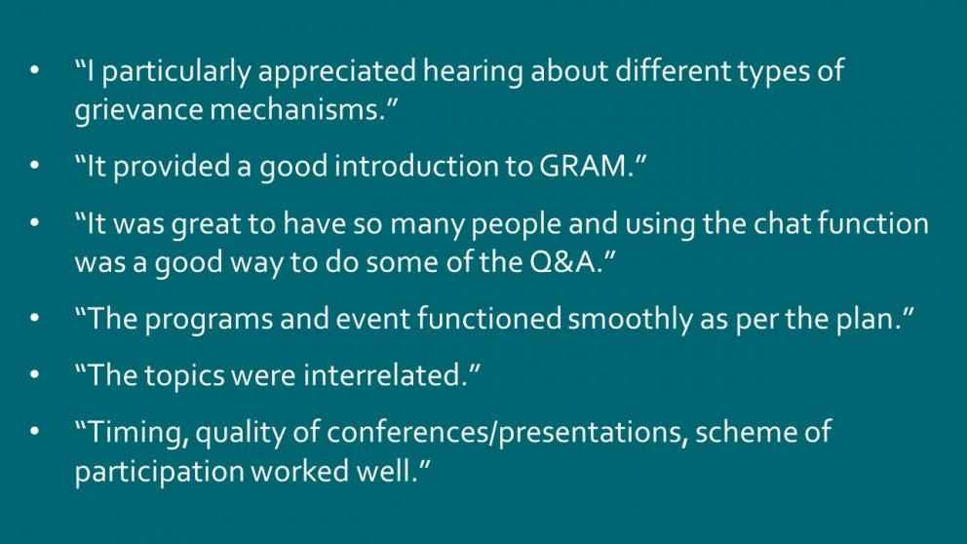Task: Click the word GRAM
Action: coord(583,166)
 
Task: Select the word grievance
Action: coord(138,110)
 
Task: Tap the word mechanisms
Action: coord(298,109)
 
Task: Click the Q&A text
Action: coord(564,262)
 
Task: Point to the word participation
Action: coord(159,472)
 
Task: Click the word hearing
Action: coord(473,71)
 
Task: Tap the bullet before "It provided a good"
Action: coord(34,166)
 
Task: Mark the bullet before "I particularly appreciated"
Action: coord(34,70)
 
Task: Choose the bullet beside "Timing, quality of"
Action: coord(34,432)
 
